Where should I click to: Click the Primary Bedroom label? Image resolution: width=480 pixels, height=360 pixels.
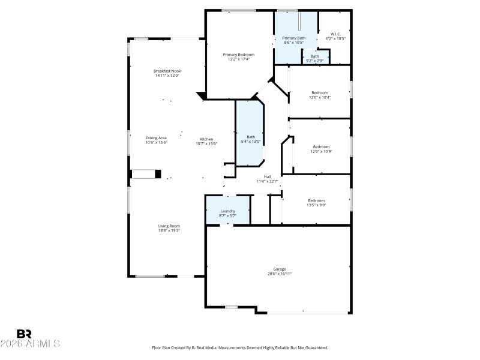tap(239, 55)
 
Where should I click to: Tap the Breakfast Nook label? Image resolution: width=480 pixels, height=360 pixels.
tap(167, 71)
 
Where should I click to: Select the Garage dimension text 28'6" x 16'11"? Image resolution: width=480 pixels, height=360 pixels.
tap(280, 274)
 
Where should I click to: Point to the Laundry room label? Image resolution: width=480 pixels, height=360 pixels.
tap(227, 211)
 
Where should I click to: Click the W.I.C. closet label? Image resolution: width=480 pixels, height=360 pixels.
tap(336, 34)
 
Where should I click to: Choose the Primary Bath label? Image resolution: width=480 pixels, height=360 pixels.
tap(294, 38)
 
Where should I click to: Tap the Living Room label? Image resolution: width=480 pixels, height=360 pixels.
tap(169, 226)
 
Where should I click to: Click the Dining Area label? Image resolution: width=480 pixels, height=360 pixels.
tap(156, 138)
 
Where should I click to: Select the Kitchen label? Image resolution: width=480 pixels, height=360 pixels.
tap(207, 139)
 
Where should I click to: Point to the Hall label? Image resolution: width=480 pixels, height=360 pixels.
tap(268, 176)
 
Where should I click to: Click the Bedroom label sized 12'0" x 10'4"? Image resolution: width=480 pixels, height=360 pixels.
tap(320, 92)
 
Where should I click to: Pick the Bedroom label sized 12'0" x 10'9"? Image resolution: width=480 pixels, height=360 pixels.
tap(321, 147)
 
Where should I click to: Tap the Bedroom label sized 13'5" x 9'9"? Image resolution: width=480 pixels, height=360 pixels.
tap(317, 200)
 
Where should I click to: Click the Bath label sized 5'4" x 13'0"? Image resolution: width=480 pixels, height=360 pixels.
tap(251, 137)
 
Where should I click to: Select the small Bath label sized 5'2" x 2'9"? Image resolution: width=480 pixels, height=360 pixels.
tap(315, 56)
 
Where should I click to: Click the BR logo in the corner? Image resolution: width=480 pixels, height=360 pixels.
tap(24, 333)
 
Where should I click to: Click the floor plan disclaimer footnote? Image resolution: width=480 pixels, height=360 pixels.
tap(240, 347)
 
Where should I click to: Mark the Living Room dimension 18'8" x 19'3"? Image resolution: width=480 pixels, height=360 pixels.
tap(169, 230)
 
